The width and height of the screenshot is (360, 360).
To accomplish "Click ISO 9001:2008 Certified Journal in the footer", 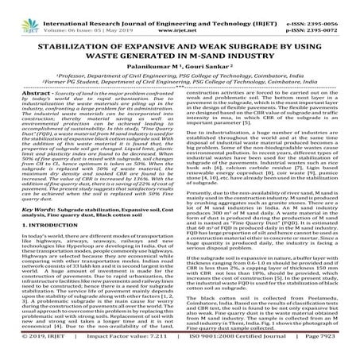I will (234, 353).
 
